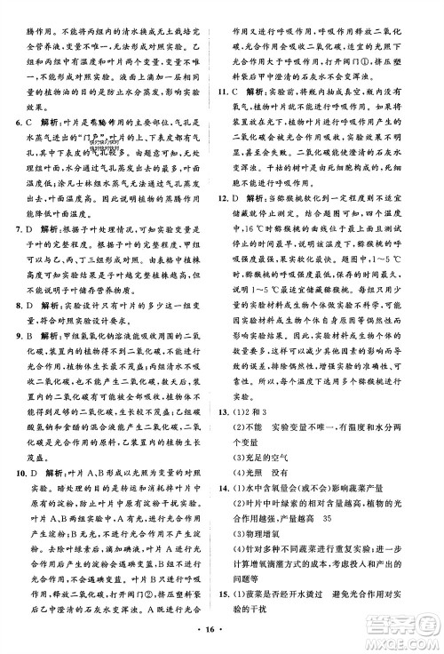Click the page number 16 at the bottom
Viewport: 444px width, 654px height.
pyautogui.click(x=221, y=640)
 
